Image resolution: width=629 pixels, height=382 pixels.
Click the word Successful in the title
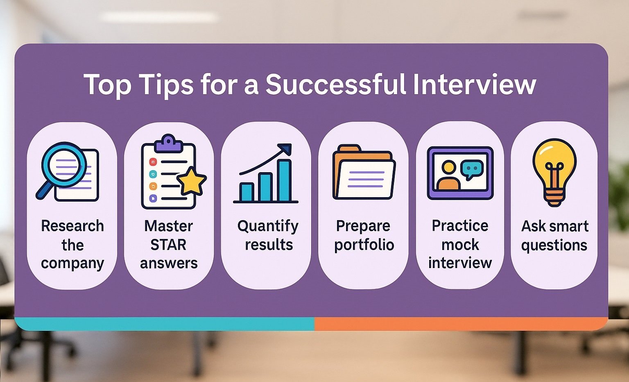[x=336, y=84]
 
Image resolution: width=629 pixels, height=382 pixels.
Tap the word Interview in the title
[x=474, y=84]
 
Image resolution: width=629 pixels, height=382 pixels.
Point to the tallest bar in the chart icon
[x=284, y=180]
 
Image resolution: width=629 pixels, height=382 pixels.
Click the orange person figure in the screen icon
[x=448, y=176]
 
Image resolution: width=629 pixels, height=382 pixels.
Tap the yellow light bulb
[x=554, y=164]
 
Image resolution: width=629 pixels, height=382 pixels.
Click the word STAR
[x=168, y=245]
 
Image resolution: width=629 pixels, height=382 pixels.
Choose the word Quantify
[x=268, y=226]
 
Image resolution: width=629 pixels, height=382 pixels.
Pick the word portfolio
[x=364, y=245]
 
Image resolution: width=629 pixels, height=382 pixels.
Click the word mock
[x=460, y=245]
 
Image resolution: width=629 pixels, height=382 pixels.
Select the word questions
[x=554, y=245]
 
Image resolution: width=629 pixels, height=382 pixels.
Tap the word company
[x=72, y=263]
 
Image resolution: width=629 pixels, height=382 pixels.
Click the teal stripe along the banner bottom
[x=164, y=323]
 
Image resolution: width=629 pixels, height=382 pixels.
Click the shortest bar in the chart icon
[x=247, y=192]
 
